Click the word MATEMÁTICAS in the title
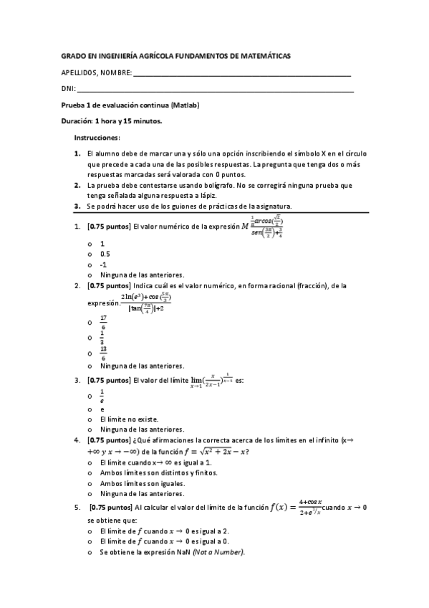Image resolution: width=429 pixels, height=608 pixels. [265, 55]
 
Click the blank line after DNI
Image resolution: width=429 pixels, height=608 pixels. [215, 90]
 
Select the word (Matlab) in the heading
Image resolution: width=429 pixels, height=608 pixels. [185, 105]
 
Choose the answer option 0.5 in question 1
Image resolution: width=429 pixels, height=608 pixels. [105, 254]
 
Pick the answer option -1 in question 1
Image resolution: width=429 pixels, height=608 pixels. [103, 264]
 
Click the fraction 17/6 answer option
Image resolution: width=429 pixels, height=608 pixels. [105, 323]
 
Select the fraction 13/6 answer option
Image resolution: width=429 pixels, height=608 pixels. [105, 352]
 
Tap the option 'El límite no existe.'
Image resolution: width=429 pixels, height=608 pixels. [129, 419]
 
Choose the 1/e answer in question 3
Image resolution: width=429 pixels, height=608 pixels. [102, 395]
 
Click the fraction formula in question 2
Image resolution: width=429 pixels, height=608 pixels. [147, 303]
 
